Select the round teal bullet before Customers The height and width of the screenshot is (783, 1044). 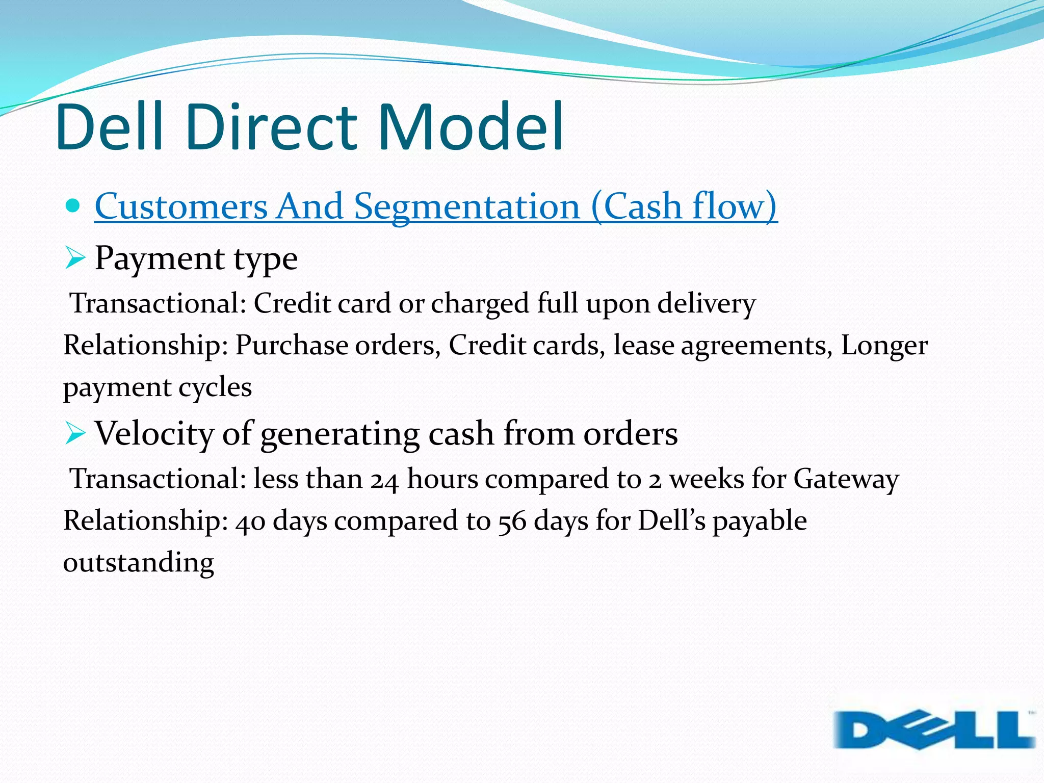click(73, 206)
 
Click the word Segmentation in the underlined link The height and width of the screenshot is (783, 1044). click(467, 207)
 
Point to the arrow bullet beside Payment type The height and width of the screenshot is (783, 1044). click(74, 258)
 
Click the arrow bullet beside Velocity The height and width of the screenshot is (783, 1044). click(74, 434)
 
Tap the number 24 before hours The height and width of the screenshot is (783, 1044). click(384, 480)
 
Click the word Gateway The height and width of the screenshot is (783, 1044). click(846, 479)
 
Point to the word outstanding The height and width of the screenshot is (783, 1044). click(138, 563)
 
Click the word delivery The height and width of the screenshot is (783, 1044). click(706, 304)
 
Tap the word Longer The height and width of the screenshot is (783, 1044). click(884, 346)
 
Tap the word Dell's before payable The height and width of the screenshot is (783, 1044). click(671, 521)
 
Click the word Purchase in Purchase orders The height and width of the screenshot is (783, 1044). click(291, 346)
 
